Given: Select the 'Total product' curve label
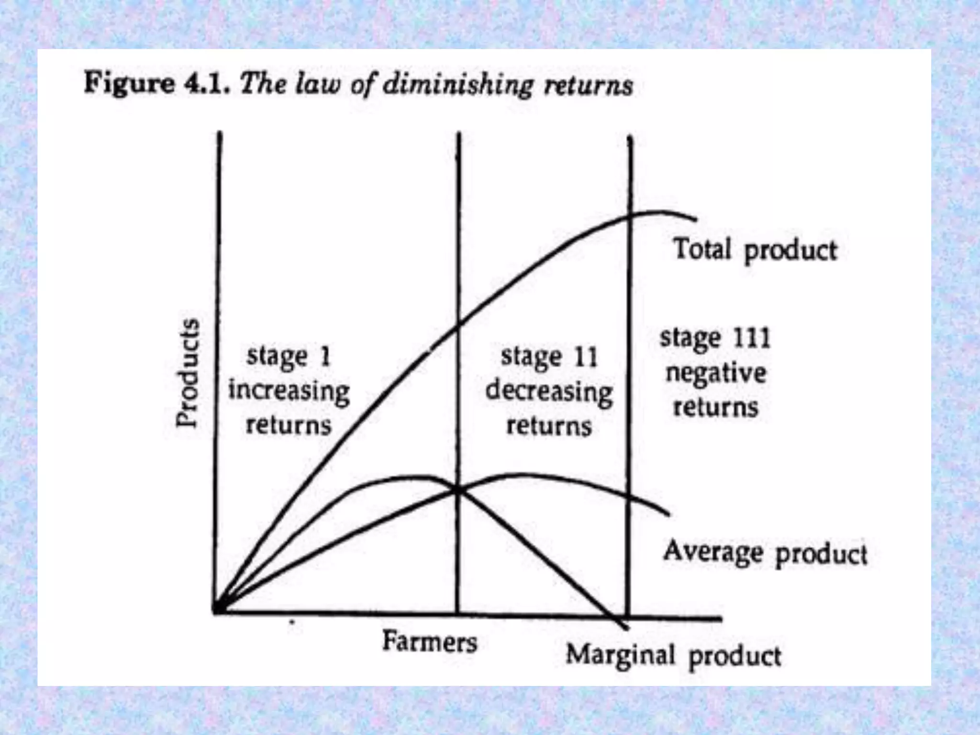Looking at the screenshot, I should tap(755, 250).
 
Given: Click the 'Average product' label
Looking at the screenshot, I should tap(765, 553).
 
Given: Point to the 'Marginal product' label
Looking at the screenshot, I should tap(673, 656).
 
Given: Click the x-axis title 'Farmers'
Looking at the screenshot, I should tap(429, 641).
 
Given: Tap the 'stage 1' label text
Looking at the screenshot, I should tap(288, 357).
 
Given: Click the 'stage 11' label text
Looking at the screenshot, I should tap(549, 357).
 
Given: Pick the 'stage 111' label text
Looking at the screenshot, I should tap(715, 338).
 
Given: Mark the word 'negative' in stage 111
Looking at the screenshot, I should tap(715, 373).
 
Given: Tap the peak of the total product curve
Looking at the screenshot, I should tap(660, 212).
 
